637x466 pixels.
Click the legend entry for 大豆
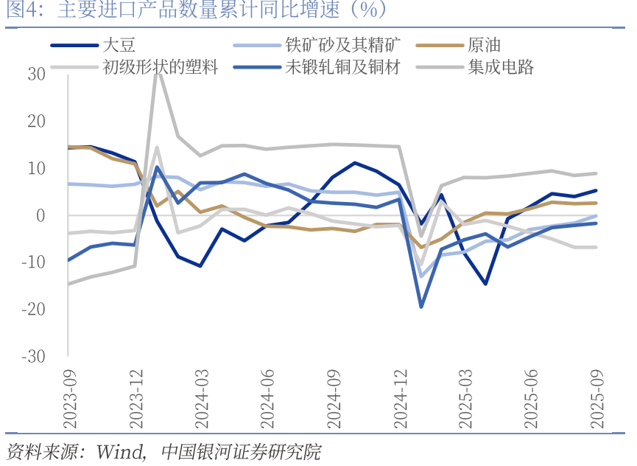pos(120,45)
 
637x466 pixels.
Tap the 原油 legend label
pos(484,45)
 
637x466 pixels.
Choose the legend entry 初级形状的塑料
pos(161,68)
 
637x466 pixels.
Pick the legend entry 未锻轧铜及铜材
pos(342,68)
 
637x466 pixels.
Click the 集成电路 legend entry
pos(500,68)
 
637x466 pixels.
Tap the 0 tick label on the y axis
pos(41,215)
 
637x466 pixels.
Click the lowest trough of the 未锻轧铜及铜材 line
pos(421,306)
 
